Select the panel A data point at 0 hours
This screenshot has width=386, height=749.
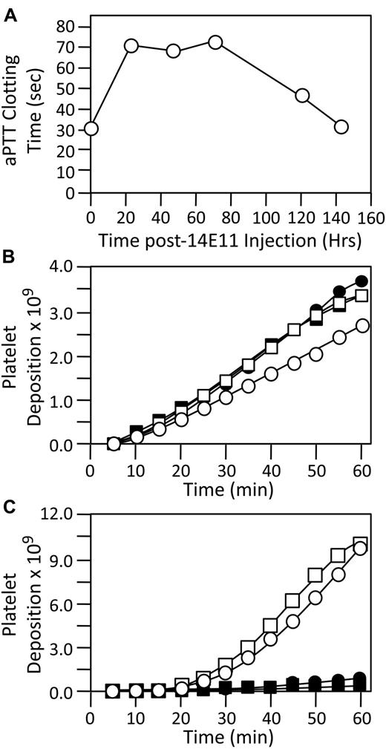[x=91, y=128]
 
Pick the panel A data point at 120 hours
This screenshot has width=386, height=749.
[x=302, y=96]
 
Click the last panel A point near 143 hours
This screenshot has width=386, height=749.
[x=341, y=127]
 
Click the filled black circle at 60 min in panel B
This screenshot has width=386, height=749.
[x=362, y=281]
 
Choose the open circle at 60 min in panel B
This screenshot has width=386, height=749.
[x=362, y=325]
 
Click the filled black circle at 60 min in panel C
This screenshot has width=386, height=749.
[x=362, y=678]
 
